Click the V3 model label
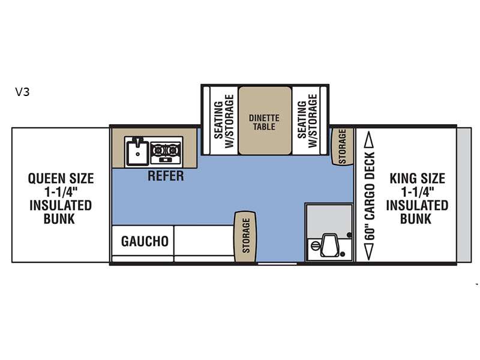pos(22,92)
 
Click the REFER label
pos(166,176)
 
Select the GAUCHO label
pos(145,242)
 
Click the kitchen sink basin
pos(137,152)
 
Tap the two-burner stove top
pos(166,152)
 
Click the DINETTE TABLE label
pos(264,122)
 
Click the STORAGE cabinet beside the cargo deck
pos(343,146)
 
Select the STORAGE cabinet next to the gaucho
pos(245,236)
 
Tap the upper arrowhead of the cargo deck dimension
pos(370,140)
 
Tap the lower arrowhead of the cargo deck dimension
pos(369,251)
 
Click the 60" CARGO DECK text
pos(370,196)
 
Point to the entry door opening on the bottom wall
pos(277,263)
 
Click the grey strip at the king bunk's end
pos(464,195)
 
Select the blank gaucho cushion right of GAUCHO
pos(204,241)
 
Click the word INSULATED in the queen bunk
pos(61,205)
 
